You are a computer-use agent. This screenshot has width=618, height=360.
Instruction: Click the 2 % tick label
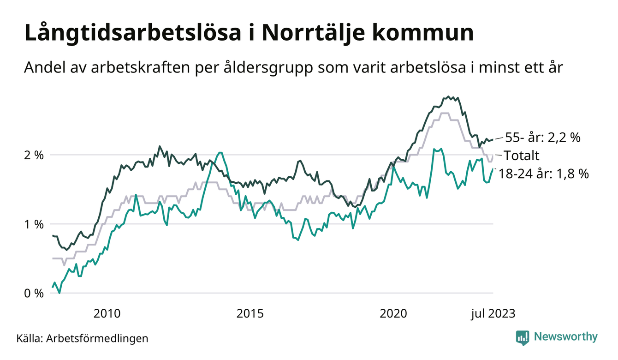point(34,155)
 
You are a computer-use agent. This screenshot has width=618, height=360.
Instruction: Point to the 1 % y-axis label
point(34,224)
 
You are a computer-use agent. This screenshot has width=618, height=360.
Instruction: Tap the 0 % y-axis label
point(34,294)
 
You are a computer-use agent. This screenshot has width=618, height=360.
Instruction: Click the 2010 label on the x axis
point(107,314)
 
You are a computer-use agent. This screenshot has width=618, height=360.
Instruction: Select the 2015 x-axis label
point(250,314)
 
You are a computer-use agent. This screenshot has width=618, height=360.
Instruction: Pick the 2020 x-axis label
point(393,314)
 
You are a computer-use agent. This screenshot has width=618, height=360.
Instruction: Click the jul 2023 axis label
point(492,314)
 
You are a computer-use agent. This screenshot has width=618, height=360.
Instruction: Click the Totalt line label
point(521,155)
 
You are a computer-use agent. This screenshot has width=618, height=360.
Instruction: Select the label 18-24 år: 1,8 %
point(544,174)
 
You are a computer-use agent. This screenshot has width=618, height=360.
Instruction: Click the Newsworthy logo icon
point(523,337)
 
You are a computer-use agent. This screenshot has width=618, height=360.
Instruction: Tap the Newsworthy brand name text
point(566,337)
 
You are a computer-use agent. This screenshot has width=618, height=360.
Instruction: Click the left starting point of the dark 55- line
point(53,235)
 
